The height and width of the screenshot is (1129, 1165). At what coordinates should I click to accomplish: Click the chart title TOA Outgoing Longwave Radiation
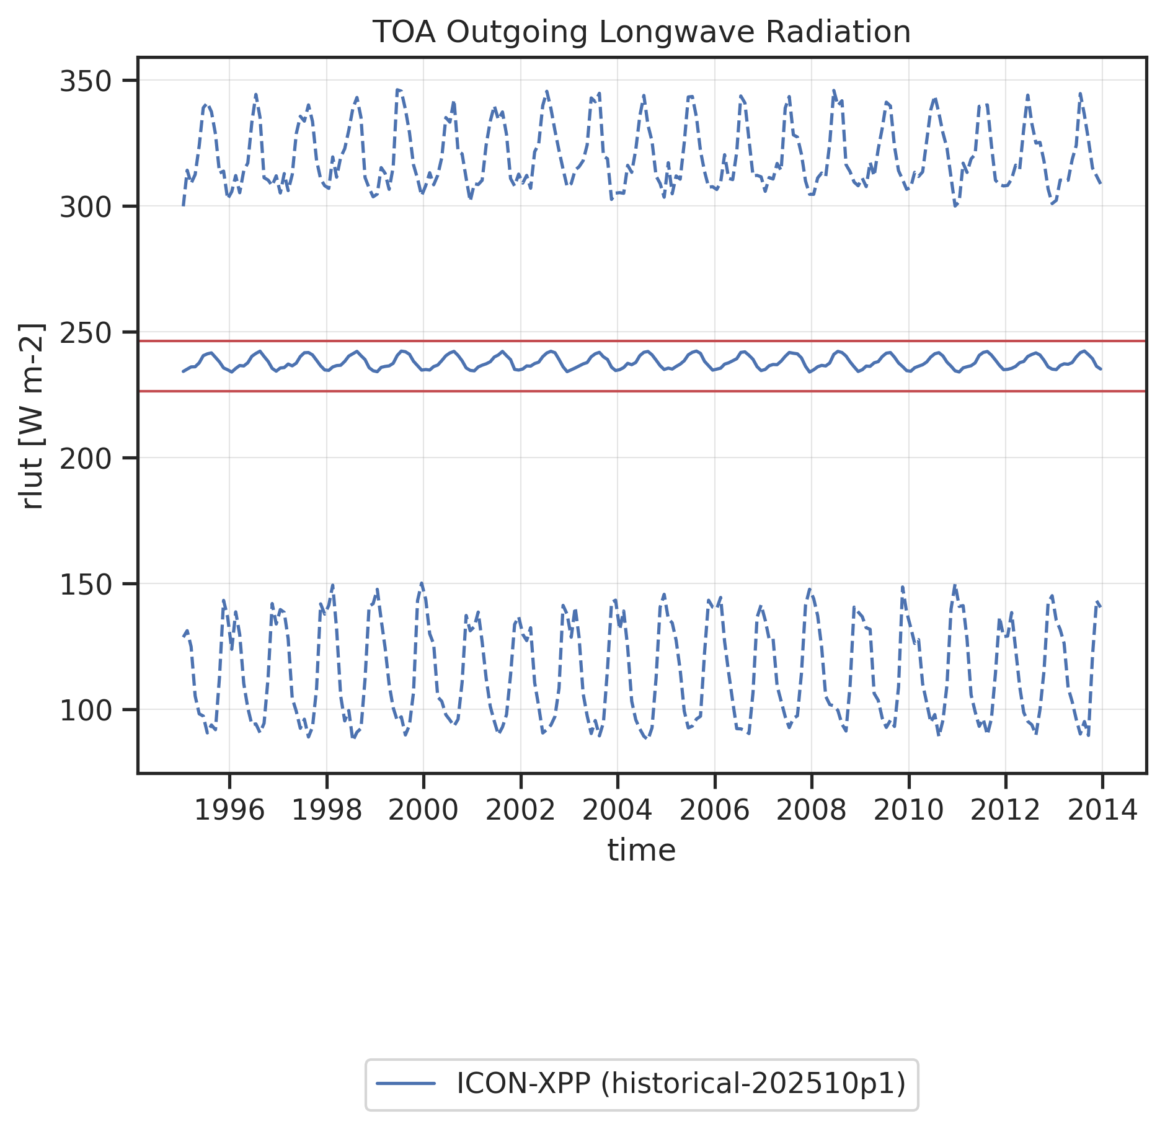pyautogui.click(x=641, y=32)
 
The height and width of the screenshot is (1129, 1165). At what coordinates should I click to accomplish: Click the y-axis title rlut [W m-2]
pyautogui.click(x=31, y=416)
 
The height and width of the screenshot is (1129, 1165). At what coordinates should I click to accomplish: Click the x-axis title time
pyautogui.click(x=641, y=850)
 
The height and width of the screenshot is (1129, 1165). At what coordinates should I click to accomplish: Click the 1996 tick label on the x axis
pyautogui.click(x=229, y=810)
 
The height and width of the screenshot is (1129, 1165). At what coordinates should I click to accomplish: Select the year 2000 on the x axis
pyautogui.click(x=423, y=810)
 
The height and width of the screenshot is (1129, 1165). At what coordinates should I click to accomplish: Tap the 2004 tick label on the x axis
pyautogui.click(x=618, y=810)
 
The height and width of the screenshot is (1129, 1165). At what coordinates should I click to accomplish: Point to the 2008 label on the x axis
pyautogui.click(x=811, y=810)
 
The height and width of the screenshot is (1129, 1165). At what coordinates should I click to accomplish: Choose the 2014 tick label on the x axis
pyautogui.click(x=1102, y=810)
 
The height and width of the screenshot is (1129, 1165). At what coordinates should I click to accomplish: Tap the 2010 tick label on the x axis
pyautogui.click(x=908, y=810)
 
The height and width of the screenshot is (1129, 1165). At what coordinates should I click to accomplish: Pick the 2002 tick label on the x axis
pyautogui.click(x=520, y=810)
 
